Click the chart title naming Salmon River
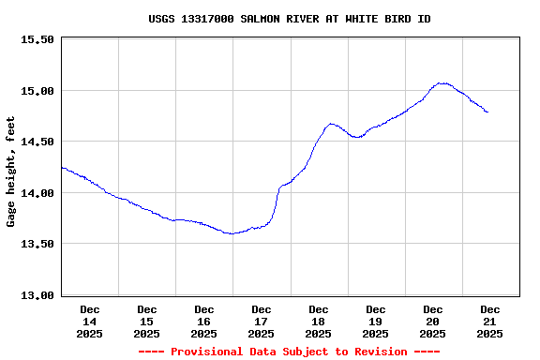(289, 19)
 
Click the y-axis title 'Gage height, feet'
(11, 172)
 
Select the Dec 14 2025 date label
(90, 322)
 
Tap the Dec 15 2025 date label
(147, 322)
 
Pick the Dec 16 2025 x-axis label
(204, 322)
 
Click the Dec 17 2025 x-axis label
(262, 322)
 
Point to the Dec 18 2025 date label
(319, 322)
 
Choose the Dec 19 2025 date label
(376, 322)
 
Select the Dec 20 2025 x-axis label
(433, 322)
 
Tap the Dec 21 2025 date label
(490, 322)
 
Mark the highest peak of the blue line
(442, 83)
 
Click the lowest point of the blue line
(231, 233)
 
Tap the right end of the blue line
(487, 112)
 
